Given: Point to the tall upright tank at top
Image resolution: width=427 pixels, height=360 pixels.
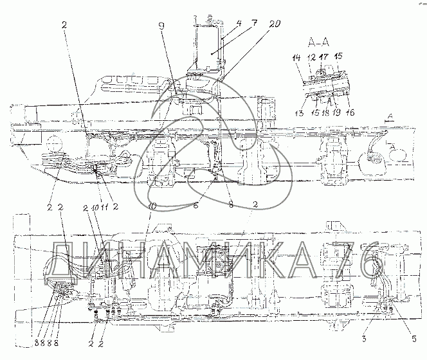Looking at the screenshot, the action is pyautogui.click(x=204, y=48).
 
